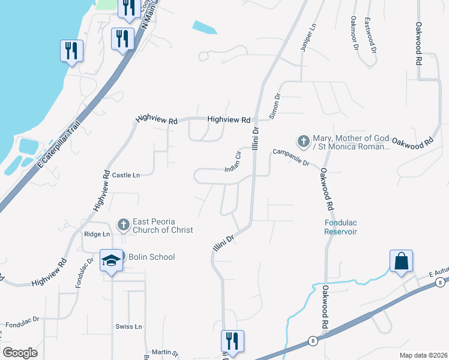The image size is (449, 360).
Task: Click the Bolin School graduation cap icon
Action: pyautogui.click(x=111, y=260)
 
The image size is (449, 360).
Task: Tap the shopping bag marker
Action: pyautogui.click(x=401, y=261)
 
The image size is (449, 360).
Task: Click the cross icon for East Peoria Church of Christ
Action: pyautogui.click(x=124, y=225)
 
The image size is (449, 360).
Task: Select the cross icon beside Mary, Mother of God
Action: pyautogui.click(x=304, y=142)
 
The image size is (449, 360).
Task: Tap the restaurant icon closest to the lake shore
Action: pyautogui.click(x=71, y=50)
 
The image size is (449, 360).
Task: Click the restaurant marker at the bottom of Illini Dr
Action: pyautogui.click(x=232, y=341)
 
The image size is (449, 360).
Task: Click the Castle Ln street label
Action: pyautogui.click(x=126, y=175)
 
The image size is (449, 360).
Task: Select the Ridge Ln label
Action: pyautogui.click(x=97, y=234)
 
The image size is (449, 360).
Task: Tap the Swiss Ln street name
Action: pyautogui.click(x=129, y=326)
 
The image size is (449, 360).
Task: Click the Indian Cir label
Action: pyautogui.click(x=232, y=163)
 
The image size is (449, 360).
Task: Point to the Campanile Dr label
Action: pyautogui.click(x=291, y=158)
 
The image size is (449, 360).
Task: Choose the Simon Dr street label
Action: pyautogui.click(x=275, y=106)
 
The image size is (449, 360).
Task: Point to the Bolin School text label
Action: pyautogui.click(x=151, y=257)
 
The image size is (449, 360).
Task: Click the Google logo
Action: pyautogui.click(x=20, y=353)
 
